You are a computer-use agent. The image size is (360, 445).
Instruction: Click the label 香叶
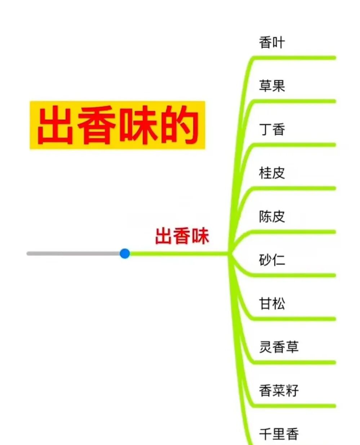click(x=272, y=43)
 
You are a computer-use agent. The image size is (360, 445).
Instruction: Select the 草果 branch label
click(x=272, y=86)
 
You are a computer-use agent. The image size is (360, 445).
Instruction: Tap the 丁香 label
click(x=272, y=129)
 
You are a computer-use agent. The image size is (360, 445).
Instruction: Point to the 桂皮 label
click(x=272, y=173)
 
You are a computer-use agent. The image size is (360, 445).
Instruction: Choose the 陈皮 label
click(x=272, y=216)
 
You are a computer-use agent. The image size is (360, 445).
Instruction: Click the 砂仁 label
click(x=272, y=260)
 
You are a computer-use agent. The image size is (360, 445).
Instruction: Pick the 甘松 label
click(x=272, y=303)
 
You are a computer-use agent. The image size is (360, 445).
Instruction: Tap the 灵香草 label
click(x=279, y=347)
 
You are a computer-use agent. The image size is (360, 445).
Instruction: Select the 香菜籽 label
click(x=279, y=390)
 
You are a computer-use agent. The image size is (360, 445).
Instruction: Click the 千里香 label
click(x=279, y=433)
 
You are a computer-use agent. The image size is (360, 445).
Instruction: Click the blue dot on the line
click(x=125, y=253)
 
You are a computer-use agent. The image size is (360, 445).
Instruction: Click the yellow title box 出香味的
click(x=117, y=125)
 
